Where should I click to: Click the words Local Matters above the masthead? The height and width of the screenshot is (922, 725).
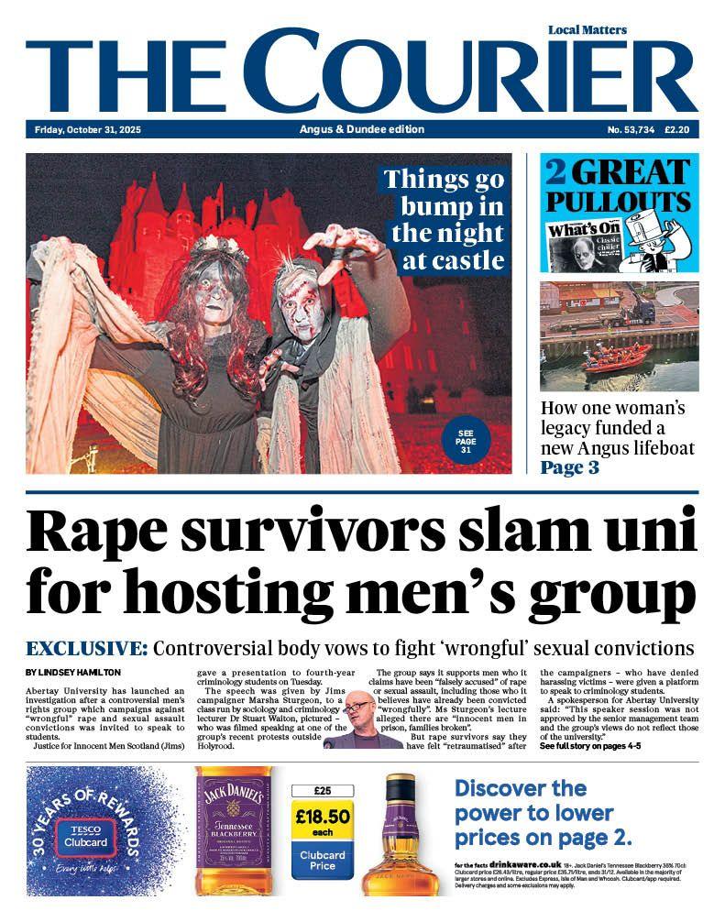tap(587, 30)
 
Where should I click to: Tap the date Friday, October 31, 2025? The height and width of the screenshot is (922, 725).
tap(88, 129)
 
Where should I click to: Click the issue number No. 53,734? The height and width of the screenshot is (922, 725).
tap(631, 129)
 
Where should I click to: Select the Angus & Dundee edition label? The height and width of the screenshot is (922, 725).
tap(362, 129)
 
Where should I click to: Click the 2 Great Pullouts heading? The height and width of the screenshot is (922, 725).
tap(618, 186)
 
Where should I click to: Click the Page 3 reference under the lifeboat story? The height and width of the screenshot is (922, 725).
tap(569, 468)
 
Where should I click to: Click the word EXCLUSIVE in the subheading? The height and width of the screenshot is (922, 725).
tap(86, 649)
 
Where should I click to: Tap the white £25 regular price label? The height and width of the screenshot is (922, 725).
tap(321, 790)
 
